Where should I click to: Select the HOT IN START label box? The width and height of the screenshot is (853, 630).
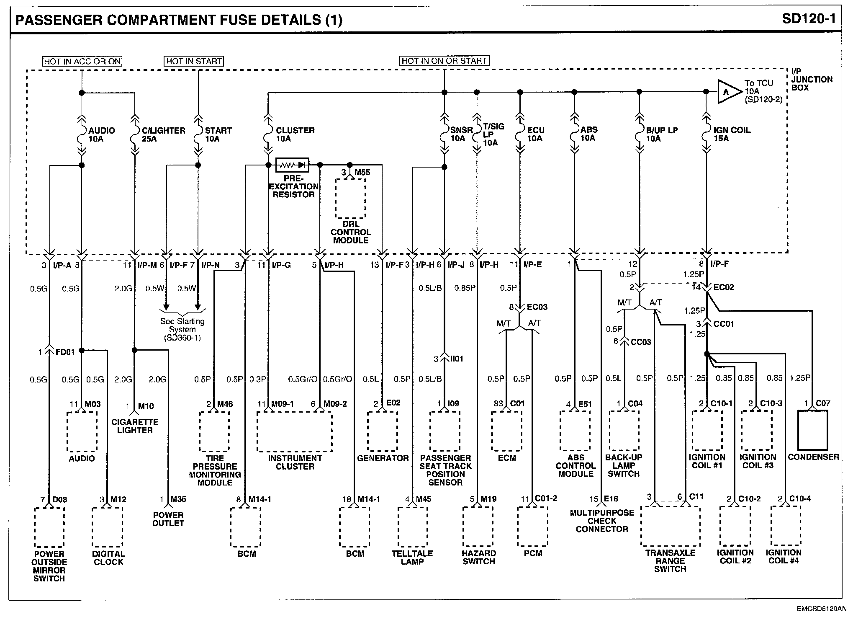tap(194, 61)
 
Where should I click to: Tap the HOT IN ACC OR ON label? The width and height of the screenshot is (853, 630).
tap(82, 61)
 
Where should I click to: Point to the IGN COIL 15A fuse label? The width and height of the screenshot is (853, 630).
tap(731, 134)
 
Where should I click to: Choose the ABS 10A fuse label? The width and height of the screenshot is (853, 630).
tap(588, 134)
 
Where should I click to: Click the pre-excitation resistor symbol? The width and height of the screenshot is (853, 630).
tap(292, 165)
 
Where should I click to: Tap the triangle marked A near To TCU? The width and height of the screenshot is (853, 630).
tap(727, 92)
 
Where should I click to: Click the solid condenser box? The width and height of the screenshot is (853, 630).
tap(813, 430)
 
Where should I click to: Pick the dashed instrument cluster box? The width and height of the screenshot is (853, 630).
tap(295, 431)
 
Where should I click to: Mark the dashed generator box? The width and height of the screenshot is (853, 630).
tap(383, 431)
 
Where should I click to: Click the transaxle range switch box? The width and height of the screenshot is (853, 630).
tap(670, 526)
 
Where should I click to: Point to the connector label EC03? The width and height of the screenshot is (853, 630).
tap(537, 307)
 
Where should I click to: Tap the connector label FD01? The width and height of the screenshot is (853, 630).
tap(65, 352)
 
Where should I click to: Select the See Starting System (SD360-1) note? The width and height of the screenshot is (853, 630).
tap(182, 329)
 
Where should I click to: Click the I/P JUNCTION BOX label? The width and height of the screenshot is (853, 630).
tap(812, 80)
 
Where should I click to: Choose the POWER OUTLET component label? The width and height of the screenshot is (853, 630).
tap(168, 519)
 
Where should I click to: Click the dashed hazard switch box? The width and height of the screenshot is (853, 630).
tap(478, 527)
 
